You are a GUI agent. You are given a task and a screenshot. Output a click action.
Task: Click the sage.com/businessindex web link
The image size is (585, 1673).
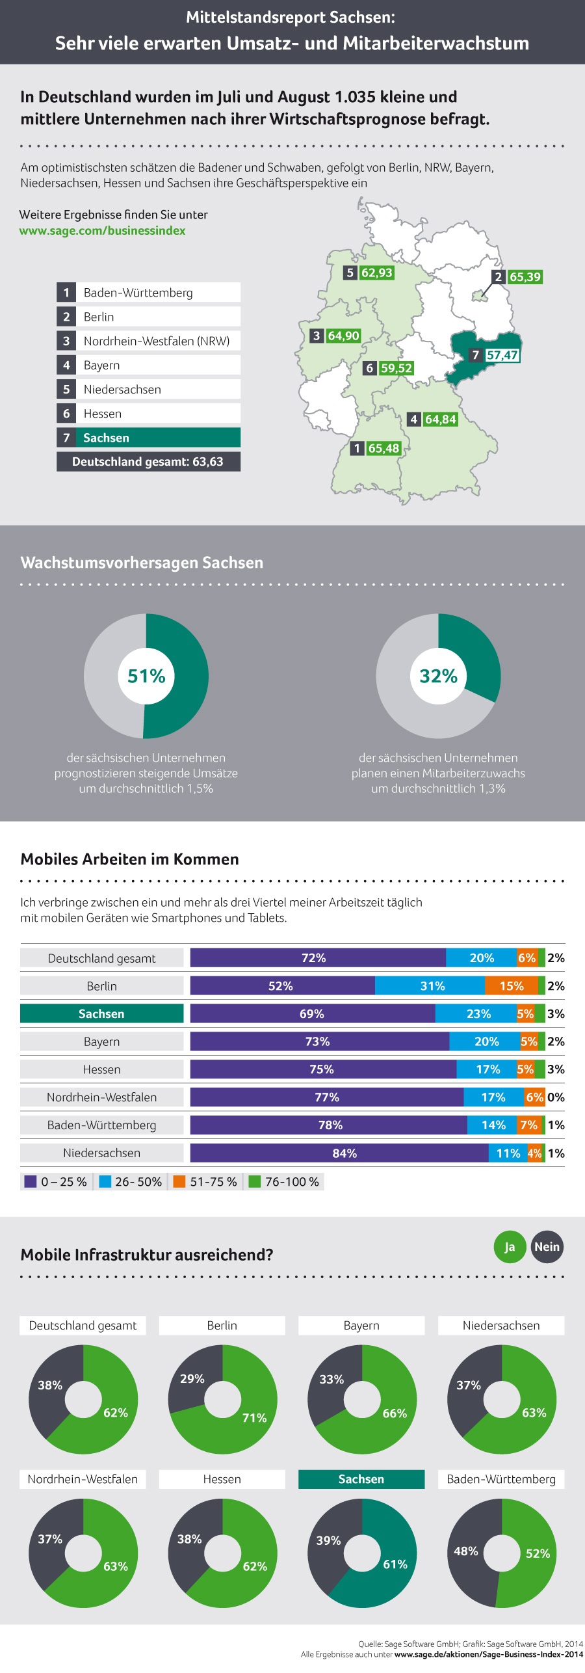102,231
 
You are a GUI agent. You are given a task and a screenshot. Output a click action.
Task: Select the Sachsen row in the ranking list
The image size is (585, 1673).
148,438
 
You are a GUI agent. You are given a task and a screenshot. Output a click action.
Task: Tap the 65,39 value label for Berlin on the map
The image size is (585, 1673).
525,277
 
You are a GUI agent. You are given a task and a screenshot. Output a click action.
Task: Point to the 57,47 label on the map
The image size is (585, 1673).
502,355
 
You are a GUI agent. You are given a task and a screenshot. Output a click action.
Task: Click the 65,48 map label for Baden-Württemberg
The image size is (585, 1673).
383,448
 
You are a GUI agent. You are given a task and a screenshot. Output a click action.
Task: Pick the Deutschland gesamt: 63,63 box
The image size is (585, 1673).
148,462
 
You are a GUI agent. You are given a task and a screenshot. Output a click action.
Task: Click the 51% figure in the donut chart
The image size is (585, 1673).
146,676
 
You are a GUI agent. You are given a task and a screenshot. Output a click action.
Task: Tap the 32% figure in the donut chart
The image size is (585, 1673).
438,676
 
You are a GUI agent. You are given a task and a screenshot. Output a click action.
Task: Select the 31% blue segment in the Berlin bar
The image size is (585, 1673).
432,986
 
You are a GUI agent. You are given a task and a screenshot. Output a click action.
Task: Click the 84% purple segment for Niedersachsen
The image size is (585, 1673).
344,1153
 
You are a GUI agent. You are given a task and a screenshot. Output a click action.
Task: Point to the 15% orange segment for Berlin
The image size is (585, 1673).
512,986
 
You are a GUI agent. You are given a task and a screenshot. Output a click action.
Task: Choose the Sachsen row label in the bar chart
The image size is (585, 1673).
101,1014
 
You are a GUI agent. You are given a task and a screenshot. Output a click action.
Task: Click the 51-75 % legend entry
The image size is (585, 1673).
206,1182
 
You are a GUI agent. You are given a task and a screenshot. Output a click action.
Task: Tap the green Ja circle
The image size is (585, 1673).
510,1247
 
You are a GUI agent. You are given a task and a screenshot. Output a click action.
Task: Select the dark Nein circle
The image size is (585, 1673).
547,1247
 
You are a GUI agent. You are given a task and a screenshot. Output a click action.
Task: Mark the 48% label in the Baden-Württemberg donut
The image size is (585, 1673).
466,1551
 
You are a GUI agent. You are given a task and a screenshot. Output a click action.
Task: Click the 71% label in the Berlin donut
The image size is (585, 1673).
254,1418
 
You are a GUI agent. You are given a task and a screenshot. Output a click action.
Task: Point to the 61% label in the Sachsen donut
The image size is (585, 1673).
395,1564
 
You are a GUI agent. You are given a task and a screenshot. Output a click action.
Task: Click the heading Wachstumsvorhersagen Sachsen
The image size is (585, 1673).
142,563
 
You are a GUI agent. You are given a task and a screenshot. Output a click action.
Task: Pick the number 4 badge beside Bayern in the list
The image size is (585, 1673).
66,365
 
